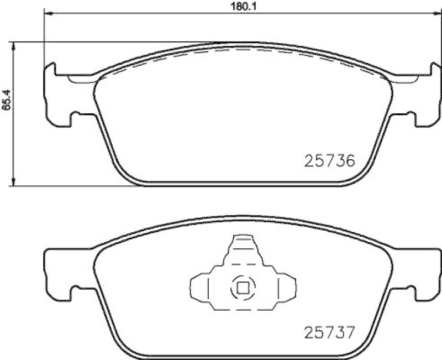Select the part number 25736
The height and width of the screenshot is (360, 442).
(x=329, y=161)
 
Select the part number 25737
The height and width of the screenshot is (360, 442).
(x=329, y=333)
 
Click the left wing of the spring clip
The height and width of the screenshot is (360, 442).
(x=199, y=288)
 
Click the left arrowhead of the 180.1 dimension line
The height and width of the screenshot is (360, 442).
(x=47, y=14)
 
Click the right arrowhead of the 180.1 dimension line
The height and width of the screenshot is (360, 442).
(x=428, y=14)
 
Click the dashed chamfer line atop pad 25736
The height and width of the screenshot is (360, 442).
(x=238, y=49)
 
